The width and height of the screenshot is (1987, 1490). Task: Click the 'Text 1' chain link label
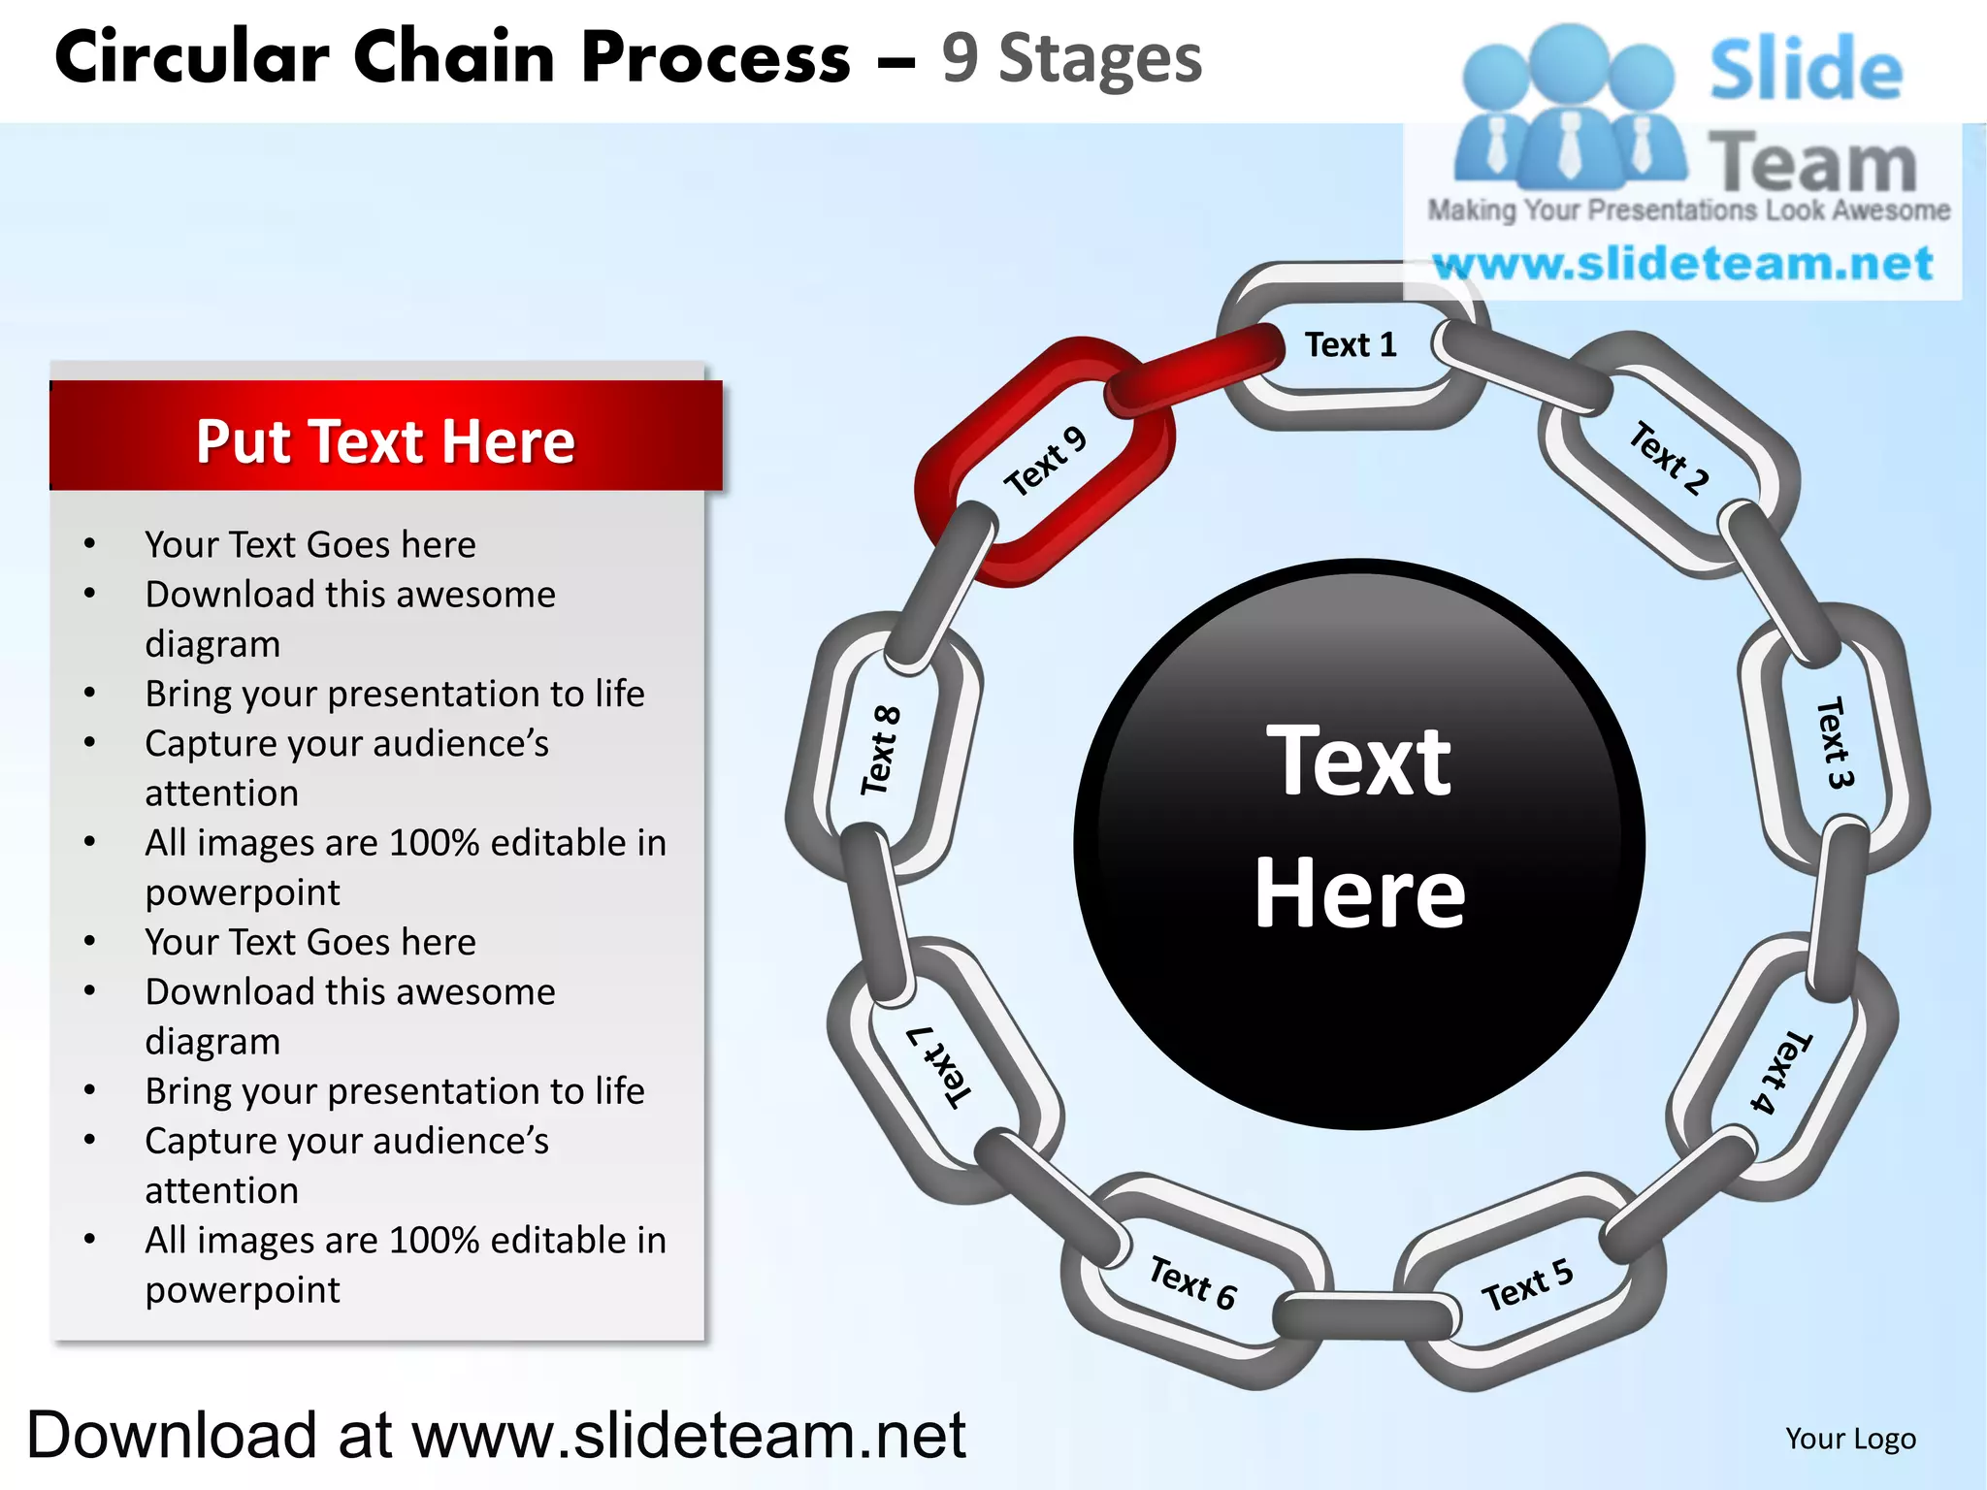[1350, 344]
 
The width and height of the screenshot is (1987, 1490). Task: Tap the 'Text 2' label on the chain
[1668, 458]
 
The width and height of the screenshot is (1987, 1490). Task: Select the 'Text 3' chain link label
[1834, 742]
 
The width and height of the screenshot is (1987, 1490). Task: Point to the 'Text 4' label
[1780, 1072]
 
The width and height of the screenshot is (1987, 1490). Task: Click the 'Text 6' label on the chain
[1192, 1282]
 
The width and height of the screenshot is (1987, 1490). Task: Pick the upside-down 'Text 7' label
[938, 1066]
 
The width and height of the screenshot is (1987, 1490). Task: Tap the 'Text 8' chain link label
[881, 750]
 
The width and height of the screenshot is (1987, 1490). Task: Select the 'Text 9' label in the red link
[1044, 462]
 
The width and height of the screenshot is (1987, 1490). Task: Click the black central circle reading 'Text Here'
[1358, 844]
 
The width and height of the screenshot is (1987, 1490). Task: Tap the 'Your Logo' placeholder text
[1850, 1439]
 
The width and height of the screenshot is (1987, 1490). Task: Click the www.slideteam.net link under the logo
[1683, 264]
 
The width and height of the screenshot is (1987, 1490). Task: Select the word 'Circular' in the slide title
[192, 58]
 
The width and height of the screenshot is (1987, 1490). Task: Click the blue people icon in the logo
[1569, 107]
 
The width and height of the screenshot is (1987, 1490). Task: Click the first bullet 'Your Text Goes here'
[310, 544]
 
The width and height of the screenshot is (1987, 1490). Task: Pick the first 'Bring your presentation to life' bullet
[395, 694]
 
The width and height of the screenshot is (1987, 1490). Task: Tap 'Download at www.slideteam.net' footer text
[496, 1435]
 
